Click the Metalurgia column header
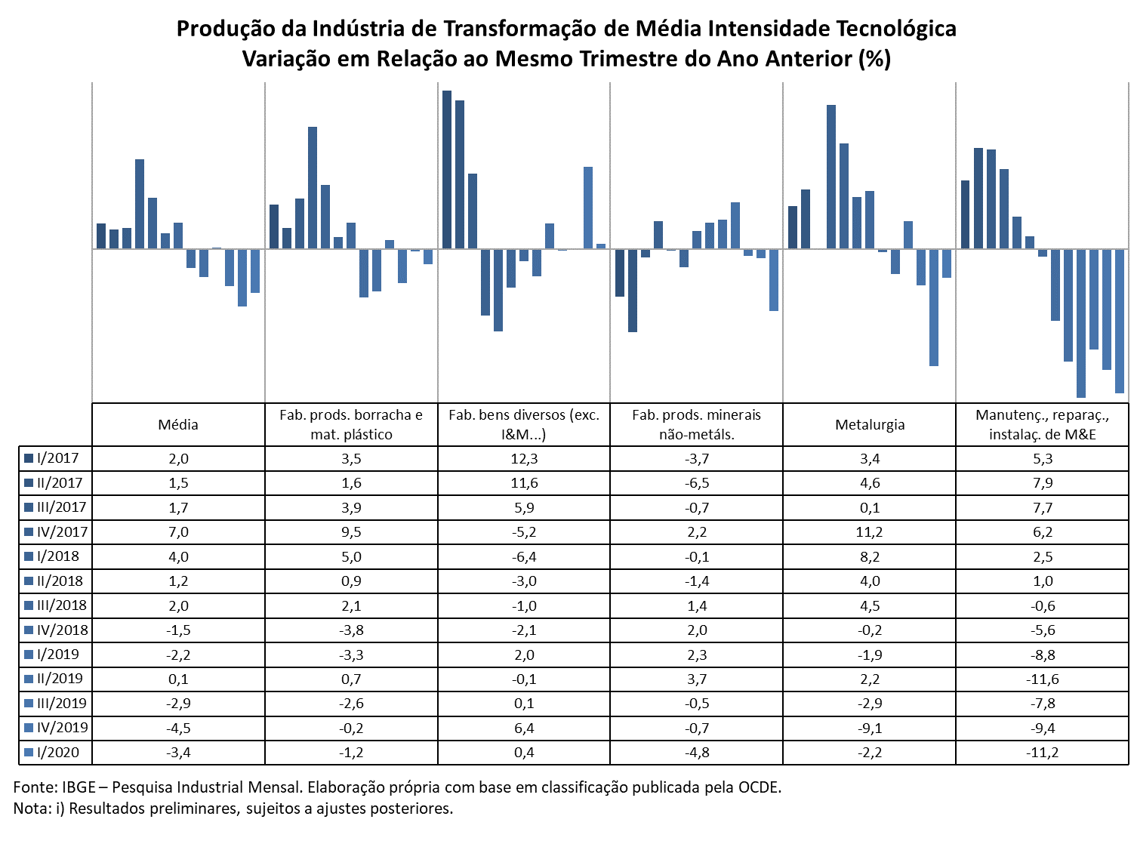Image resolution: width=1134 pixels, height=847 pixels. (x=870, y=424)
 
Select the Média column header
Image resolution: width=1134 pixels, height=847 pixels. (x=177, y=424)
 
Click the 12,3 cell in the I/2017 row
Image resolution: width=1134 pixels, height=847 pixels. (x=524, y=459)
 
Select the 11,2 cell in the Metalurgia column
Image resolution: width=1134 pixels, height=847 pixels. (x=869, y=531)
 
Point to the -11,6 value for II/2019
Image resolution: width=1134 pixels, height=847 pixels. (x=1042, y=679)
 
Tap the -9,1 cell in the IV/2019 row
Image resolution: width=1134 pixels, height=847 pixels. (x=870, y=728)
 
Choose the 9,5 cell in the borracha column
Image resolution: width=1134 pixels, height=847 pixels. (x=351, y=531)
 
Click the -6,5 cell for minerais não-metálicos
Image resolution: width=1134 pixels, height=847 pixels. (x=696, y=483)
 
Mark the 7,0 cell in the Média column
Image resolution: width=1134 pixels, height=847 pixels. (x=178, y=531)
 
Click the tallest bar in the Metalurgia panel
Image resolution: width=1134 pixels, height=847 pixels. (x=830, y=177)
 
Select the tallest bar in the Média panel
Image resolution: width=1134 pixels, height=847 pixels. (x=140, y=204)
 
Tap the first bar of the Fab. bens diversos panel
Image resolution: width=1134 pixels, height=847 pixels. (x=447, y=170)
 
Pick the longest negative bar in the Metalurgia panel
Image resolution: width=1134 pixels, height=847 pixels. (x=933, y=307)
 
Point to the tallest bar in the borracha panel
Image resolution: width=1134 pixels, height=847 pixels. (x=313, y=188)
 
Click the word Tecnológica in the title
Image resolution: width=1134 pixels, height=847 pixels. (x=896, y=29)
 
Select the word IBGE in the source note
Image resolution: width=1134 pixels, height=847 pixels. (x=79, y=787)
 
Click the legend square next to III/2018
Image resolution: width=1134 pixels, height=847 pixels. (x=29, y=605)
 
